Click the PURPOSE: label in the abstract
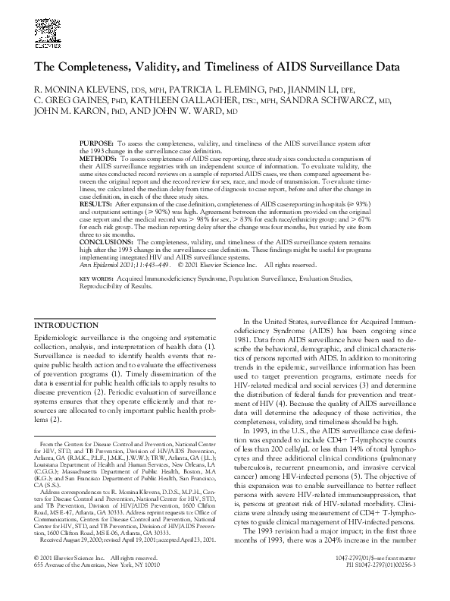coord(96,143)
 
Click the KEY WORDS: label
coord(95,278)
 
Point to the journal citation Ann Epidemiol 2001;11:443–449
coord(126,264)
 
